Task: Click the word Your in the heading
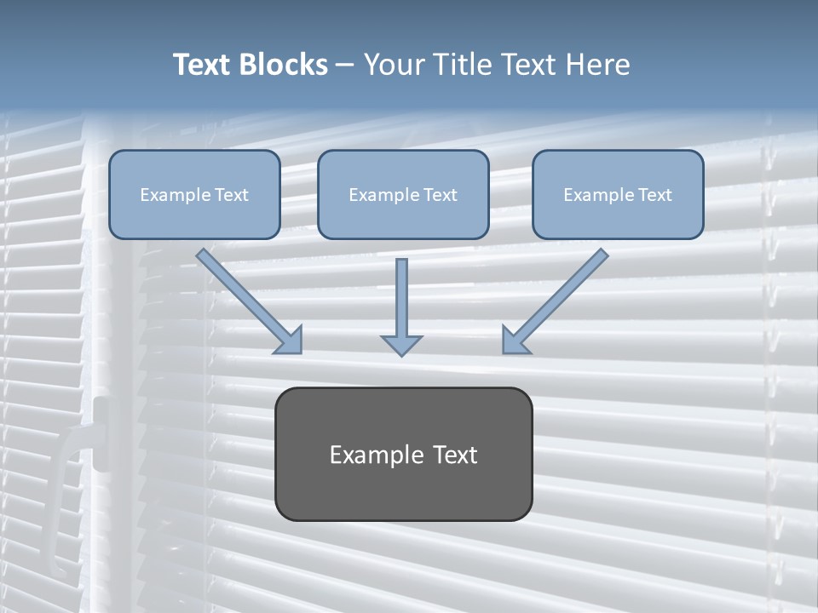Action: point(394,65)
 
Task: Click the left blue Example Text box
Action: point(194,194)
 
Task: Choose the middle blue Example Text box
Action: point(403,194)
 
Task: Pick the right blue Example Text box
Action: point(618,194)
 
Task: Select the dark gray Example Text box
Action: point(403,454)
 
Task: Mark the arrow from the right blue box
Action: point(558,299)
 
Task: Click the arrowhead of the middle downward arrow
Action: point(401,344)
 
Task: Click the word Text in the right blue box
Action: point(654,195)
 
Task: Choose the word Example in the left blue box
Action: point(171,195)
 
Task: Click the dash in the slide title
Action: point(345,66)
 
